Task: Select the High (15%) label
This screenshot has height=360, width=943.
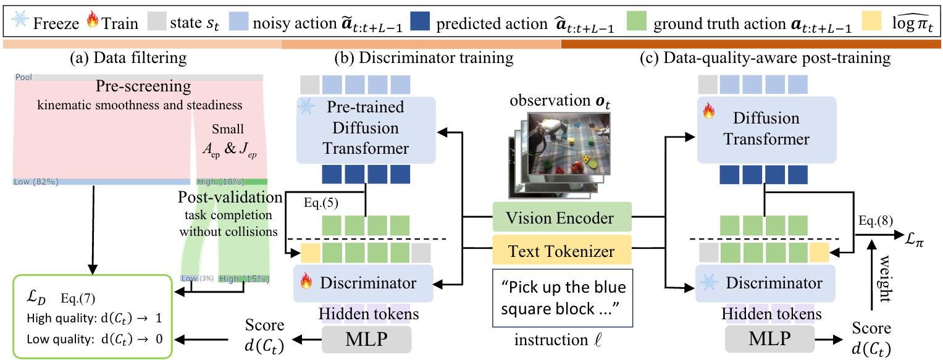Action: pos(244,279)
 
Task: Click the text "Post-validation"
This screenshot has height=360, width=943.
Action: pos(230,198)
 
